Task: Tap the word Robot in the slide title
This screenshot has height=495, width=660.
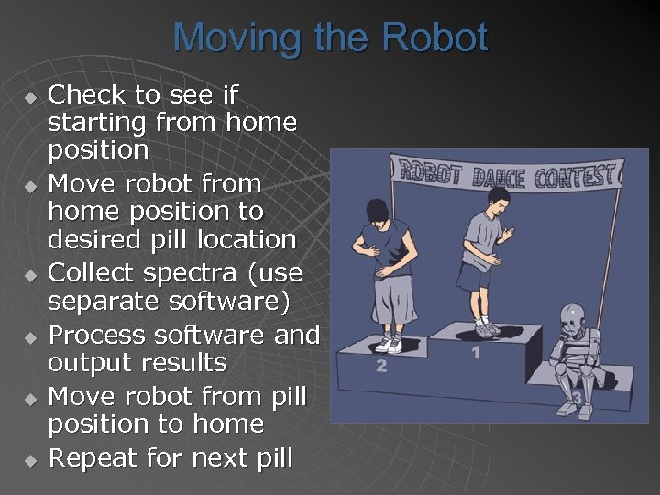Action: coord(435,38)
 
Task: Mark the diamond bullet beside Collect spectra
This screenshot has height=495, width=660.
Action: coord(30,274)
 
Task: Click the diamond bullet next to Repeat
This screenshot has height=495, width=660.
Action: coord(30,459)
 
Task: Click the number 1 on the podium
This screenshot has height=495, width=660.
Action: coord(476,351)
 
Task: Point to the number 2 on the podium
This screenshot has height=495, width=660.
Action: coord(380,367)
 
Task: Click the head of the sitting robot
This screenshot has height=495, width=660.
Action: coord(573,318)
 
